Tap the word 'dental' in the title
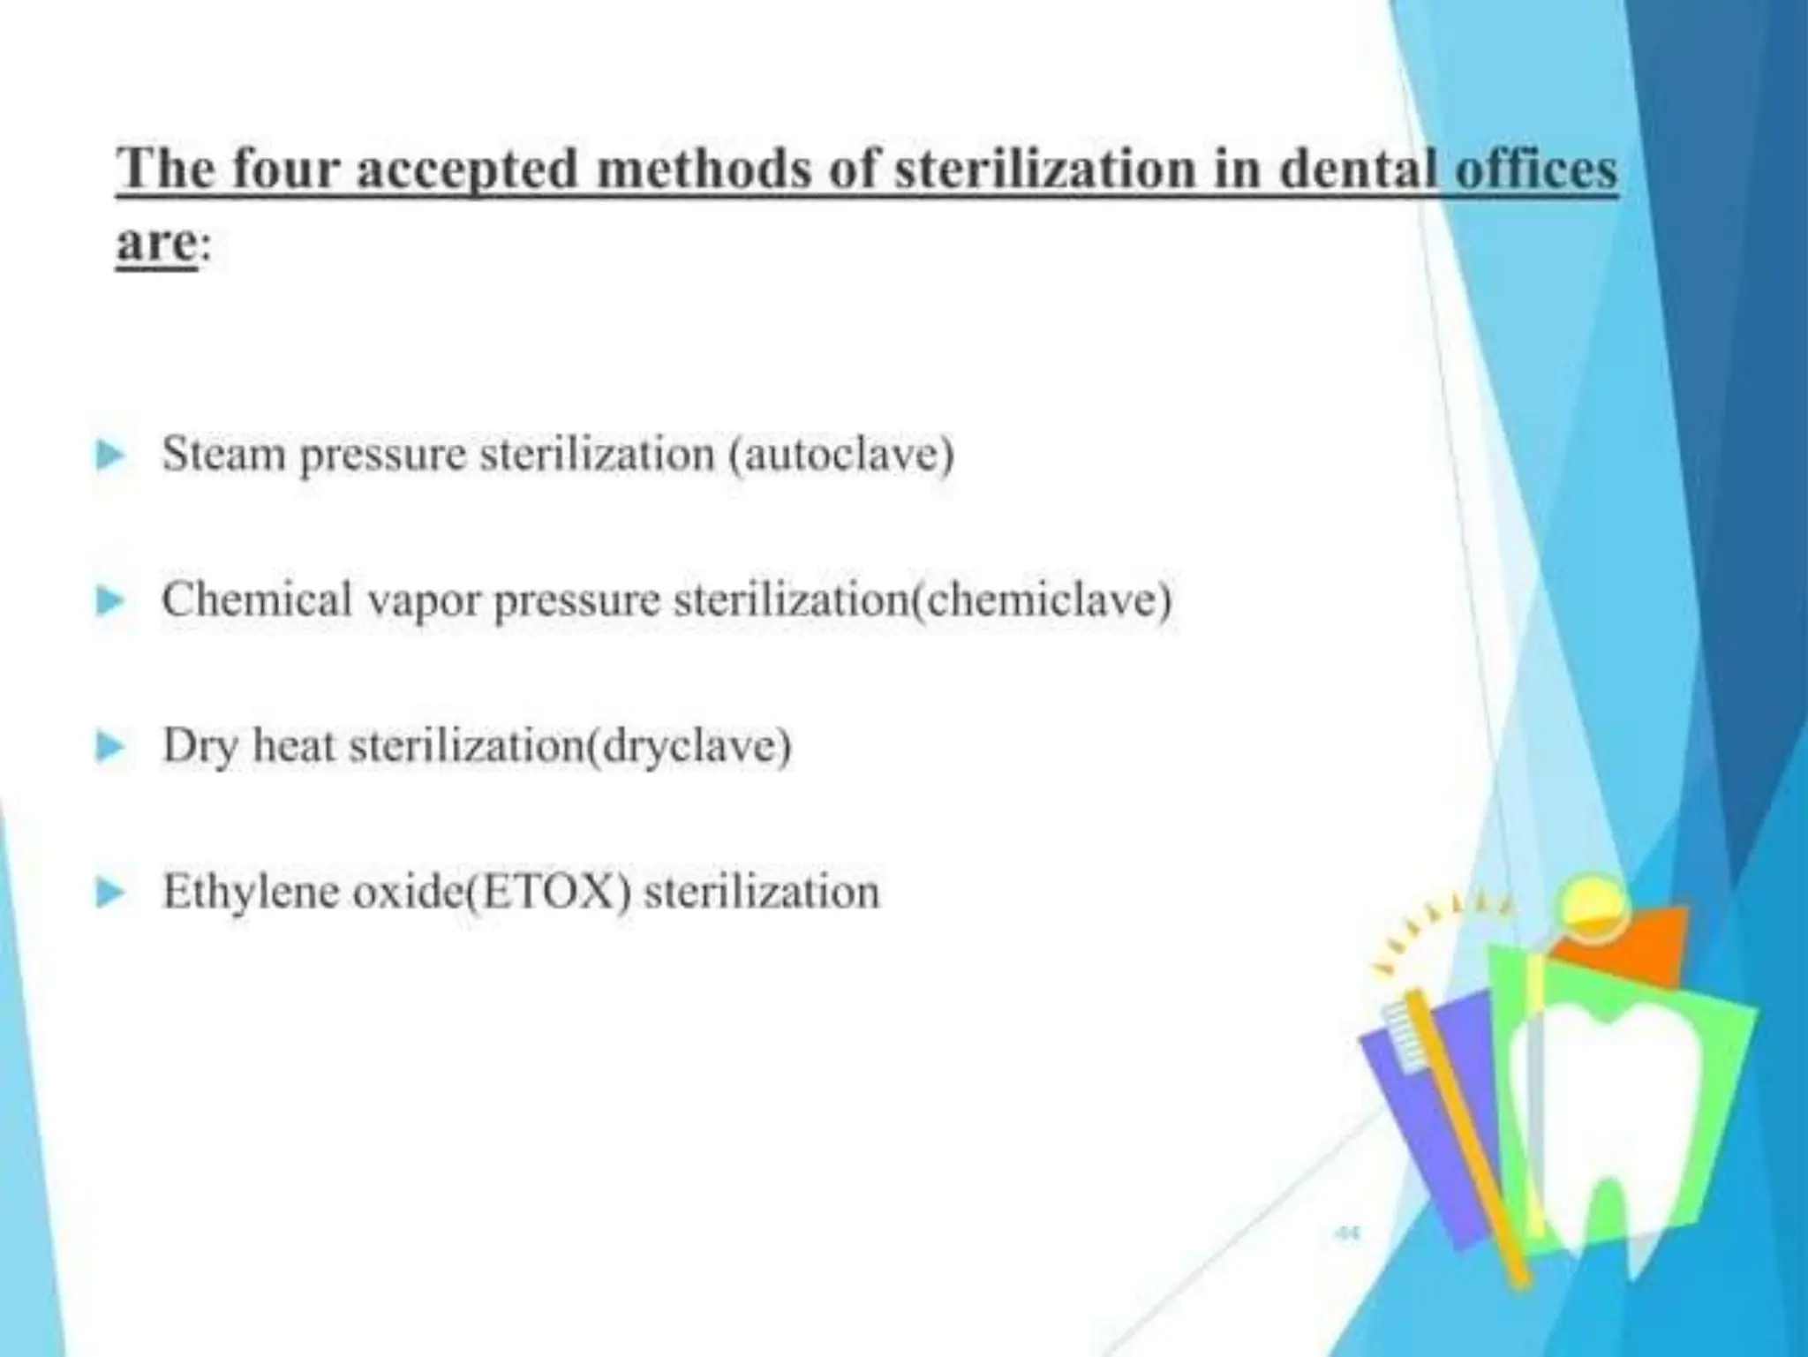[x=1357, y=170]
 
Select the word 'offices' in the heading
[x=1536, y=170]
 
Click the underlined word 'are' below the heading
[x=156, y=243]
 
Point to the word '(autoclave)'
[x=841, y=456]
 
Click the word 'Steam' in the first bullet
[x=225, y=456]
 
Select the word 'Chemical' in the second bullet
[x=257, y=600]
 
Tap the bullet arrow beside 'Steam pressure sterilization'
[x=110, y=456]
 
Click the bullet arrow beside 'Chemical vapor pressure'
[x=110, y=602]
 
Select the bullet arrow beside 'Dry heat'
[x=110, y=748]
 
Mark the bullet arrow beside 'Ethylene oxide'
[x=110, y=893]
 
